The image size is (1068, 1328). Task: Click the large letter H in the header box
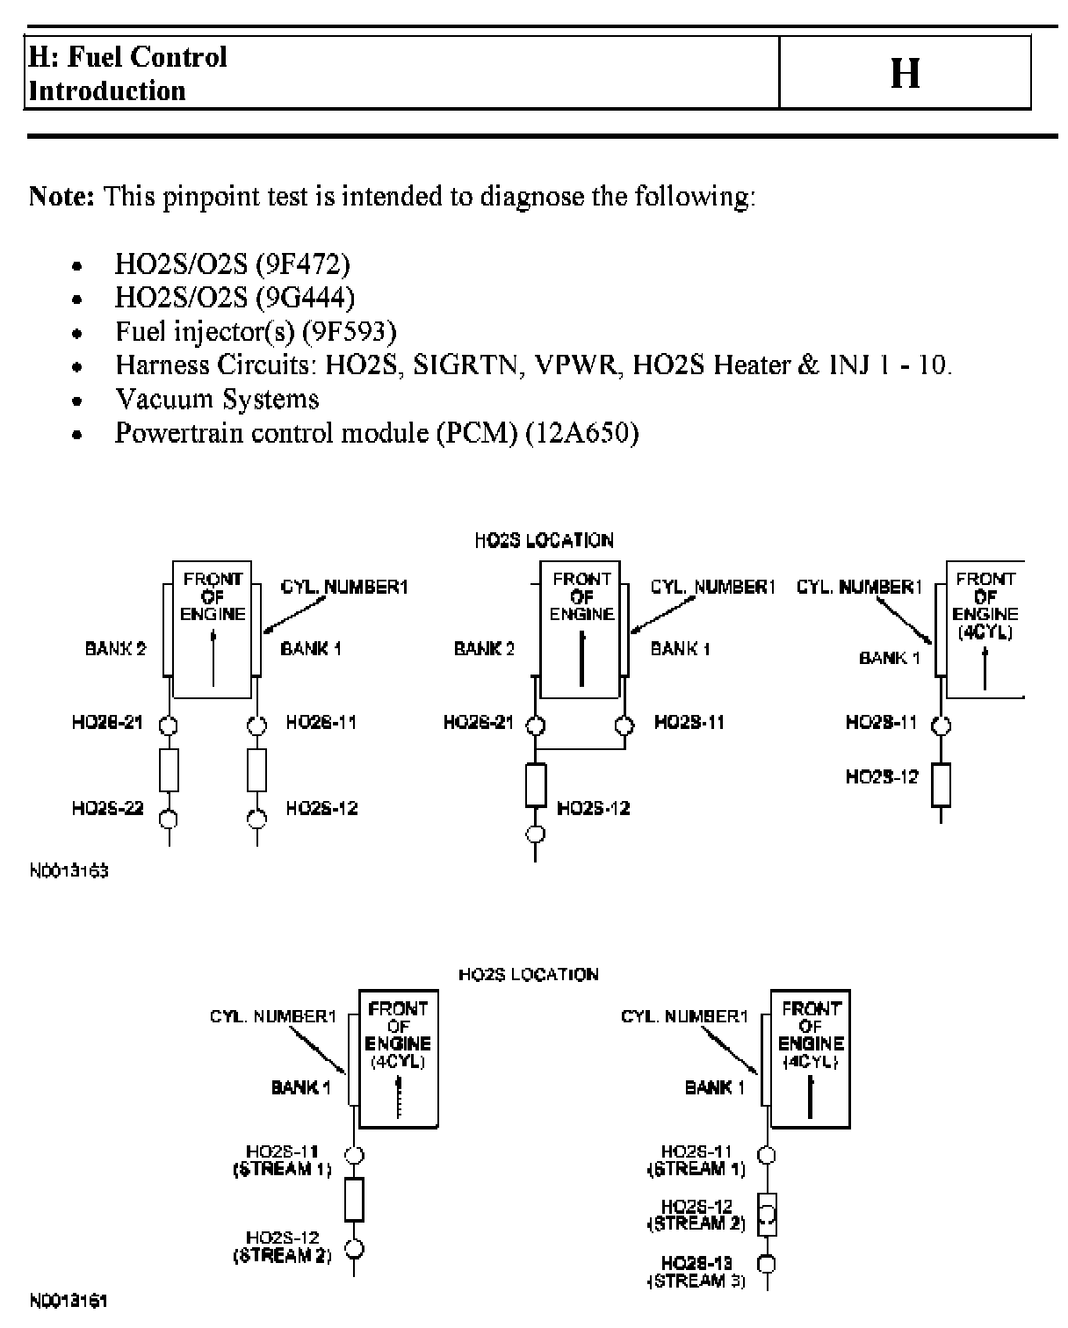[x=905, y=73]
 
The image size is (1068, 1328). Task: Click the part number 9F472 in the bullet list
[x=302, y=264]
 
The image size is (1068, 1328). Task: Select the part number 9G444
[x=305, y=298]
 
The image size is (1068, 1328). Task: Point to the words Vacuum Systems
[x=217, y=400]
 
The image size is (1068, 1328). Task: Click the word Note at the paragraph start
[x=61, y=196]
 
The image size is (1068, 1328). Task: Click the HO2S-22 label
[x=107, y=808]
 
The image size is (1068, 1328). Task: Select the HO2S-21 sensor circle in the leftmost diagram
[x=169, y=725]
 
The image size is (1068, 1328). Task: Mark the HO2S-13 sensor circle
[x=768, y=1265]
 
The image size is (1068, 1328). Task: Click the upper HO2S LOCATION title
[x=544, y=541]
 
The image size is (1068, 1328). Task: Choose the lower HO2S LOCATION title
[x=529, y=974]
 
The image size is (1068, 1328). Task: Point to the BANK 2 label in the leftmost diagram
[x=115, y=649]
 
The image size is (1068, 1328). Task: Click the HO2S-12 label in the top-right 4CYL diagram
[x=881, y=776]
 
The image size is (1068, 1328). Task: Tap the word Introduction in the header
[x=107, y=91]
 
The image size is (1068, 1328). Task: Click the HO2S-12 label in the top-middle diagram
[x=594, y=808]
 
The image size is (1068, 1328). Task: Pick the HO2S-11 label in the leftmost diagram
[x=321, y=723]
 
